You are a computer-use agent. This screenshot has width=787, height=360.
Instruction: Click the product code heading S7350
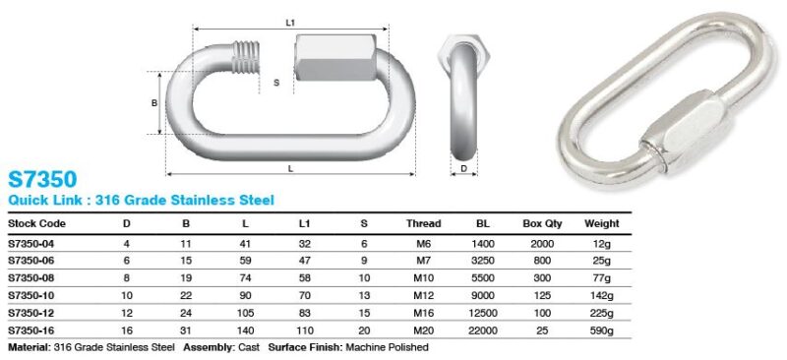click(x=42, y=179)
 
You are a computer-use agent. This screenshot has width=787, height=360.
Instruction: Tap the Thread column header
click(x=423, y=223)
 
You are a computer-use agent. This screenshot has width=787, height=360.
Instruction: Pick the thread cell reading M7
click(x=423, y=260)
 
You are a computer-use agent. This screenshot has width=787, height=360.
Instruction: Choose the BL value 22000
click(x=481, y=330)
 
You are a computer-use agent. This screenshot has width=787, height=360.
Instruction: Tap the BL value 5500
click(x=481, y=277)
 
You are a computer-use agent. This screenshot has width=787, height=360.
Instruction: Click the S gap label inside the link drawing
click(x=276, y=84)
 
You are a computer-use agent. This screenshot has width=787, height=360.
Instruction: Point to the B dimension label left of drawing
click(x=153, y=102)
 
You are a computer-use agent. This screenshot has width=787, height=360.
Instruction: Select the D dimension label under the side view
click(x=463, y=168)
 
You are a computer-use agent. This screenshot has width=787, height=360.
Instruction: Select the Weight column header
click(x=601, y=223)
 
